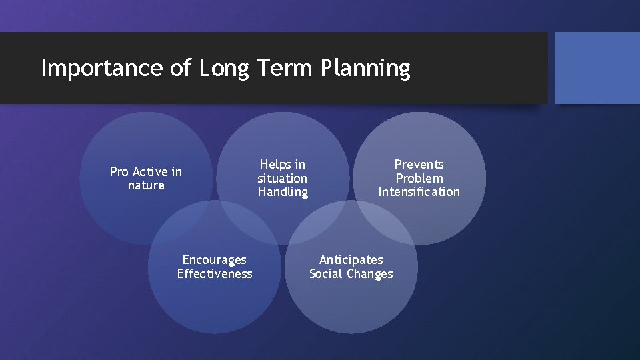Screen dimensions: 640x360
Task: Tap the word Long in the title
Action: tap(223, 68)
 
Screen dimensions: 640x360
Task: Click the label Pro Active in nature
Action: tap(145, 179)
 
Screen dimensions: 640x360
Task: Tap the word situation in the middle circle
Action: tap(283, 178)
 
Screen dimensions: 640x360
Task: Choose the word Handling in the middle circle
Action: tap(283, 192)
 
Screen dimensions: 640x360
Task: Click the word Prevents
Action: tap(419, 164)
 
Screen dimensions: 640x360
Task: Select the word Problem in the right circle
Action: tap(419, 178)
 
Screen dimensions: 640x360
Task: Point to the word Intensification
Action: tap(419, 192)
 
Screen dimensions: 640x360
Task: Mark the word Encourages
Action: tap(214, 260)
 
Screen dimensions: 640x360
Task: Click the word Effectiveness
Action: tap(214, 274)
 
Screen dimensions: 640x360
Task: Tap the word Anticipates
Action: tap(351, 260)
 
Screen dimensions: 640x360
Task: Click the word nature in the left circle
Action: tap(145, 185)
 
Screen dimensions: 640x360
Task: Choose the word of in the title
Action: tap(181, 68)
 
